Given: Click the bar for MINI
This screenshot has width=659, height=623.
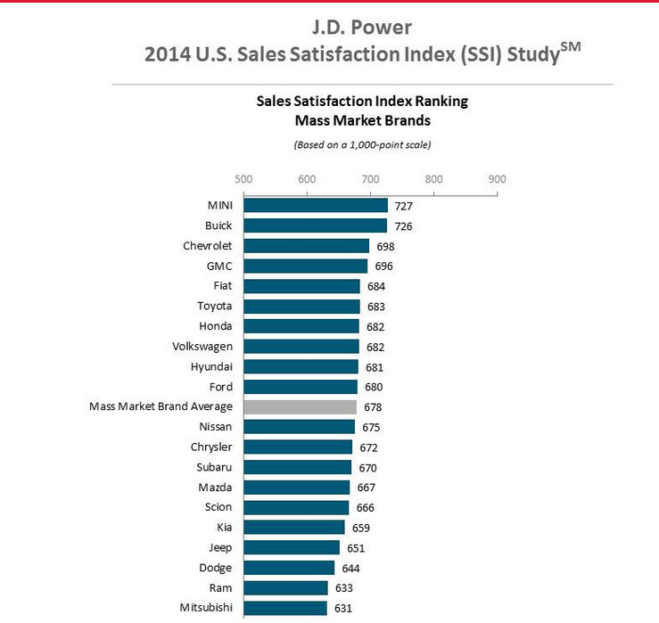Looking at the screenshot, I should (x=316, y=206).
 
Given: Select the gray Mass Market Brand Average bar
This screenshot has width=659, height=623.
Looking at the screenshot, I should (x=300, y=407).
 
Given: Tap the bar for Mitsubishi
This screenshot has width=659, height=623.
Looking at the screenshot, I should (x=284, y=608).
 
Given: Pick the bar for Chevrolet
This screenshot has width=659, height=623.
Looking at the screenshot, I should (x=306, y=246).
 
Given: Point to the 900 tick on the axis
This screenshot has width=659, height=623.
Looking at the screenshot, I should (x=497, y=179).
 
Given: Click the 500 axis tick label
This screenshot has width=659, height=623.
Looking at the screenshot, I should (x=243, y=179).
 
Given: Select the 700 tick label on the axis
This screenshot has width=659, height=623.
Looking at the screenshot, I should (x=370, y=179).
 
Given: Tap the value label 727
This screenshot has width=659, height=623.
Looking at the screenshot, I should (x=403, y=206).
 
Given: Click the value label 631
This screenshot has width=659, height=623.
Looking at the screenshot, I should (x=342, y=608).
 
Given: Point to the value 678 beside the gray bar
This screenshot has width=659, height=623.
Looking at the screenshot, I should (x=372, y=407).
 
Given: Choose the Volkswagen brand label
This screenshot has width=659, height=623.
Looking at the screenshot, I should (x=202, y=347).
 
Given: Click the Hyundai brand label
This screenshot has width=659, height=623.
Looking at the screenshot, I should (x=210, y=366).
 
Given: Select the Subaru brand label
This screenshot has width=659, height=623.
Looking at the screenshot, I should (x=214, y=467).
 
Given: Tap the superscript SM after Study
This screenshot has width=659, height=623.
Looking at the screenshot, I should (x=572, y=46).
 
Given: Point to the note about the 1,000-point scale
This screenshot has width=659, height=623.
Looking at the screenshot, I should (x=362, y=143).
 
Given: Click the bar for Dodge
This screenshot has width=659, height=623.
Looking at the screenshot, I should (x=289, y=568).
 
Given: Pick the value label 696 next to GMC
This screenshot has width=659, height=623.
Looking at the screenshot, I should (x=383, y=266).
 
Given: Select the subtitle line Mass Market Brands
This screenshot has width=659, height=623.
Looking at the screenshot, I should (x=362, y=119).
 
